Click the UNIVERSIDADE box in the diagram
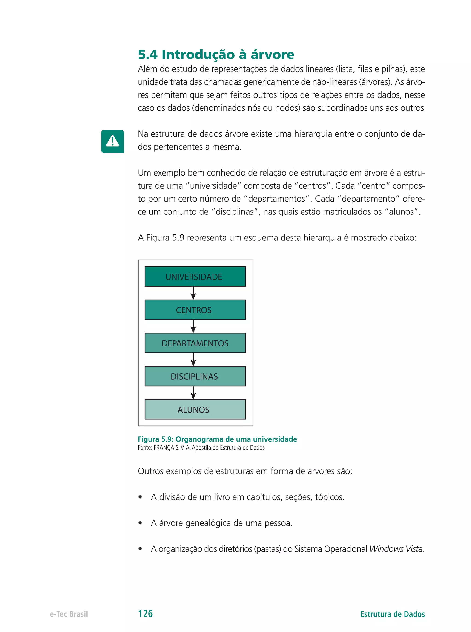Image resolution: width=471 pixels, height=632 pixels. [x=195, y=276]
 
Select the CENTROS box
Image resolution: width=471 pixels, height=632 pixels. [x=195, y=309]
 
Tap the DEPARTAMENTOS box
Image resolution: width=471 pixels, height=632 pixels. [x=195, y=343]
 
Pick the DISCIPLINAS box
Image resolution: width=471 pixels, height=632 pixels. [x=195, y=376]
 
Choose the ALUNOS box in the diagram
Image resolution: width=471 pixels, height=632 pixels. [x=195, y=409]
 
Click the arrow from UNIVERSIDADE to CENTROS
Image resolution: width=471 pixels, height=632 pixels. [x=193, y=293]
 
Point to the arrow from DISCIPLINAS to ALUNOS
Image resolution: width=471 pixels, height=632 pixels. [x=193, y=393]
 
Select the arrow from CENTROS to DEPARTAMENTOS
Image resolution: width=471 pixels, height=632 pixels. [x=193, y=326]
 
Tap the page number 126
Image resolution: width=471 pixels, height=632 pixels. [x=145, y=613]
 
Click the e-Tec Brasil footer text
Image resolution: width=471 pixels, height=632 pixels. [x=69, y=614]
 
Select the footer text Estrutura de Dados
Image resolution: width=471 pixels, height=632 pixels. [x=392, y=614]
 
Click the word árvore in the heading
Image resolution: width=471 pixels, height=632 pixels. [x=272, y=55]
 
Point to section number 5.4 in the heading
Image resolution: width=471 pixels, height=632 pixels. [x=148, y=55]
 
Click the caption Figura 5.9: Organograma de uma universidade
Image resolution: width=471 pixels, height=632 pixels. [x=217, y=439]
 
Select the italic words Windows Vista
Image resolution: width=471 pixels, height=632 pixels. [x=396, y=549]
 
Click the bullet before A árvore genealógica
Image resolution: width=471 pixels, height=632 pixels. [x=140, y=523]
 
